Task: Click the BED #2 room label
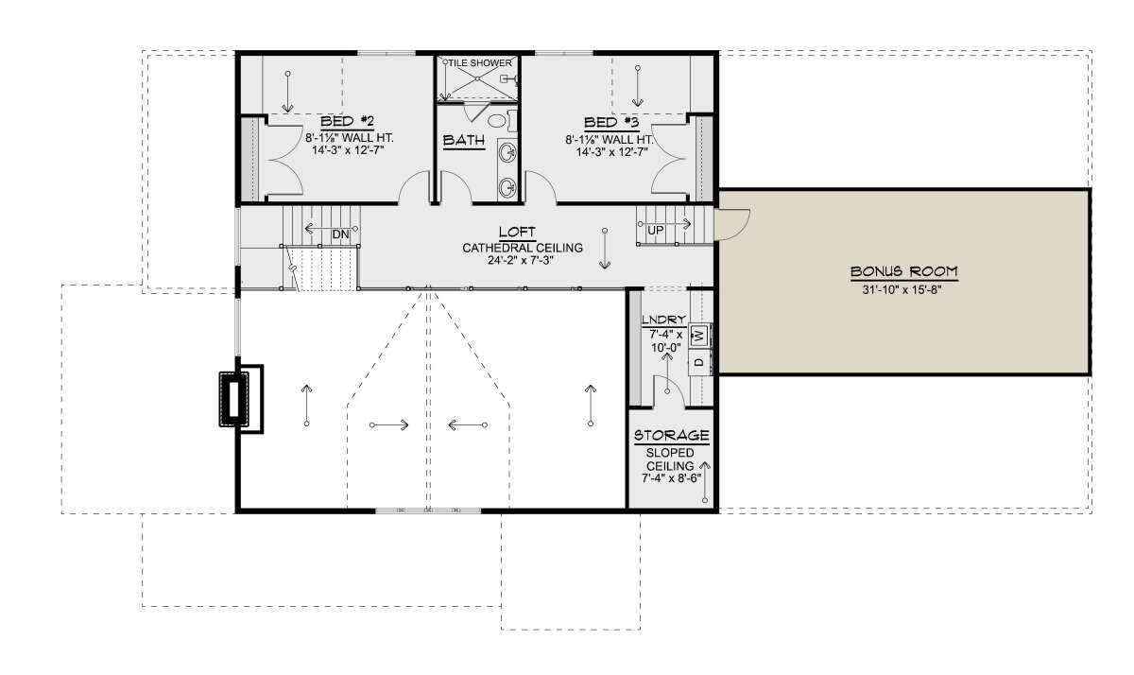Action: (x=348, y=122)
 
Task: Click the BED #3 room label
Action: (x=611, y=123)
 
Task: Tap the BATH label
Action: (x=464, y=140)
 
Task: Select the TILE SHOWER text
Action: (x=480, y=63)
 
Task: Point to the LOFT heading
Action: (x=517, y=233)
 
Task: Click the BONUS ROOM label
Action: (x=903, y=272)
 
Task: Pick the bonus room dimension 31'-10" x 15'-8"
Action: (x=902, y=290)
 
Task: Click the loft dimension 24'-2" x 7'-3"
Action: (x=521, y=261)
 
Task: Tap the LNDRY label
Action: (x=663, y=320)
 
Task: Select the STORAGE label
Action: (x=671, y=436)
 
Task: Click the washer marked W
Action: (x=699, y=336)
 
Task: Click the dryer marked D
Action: (x=699, y=362)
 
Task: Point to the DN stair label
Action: (x=341, y=235)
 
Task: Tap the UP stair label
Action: (x=656, y=231)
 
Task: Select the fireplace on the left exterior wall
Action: (x=241, y=399)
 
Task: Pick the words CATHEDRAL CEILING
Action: (x=523, y=248)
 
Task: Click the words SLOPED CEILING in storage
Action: (x=670, y=459)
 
